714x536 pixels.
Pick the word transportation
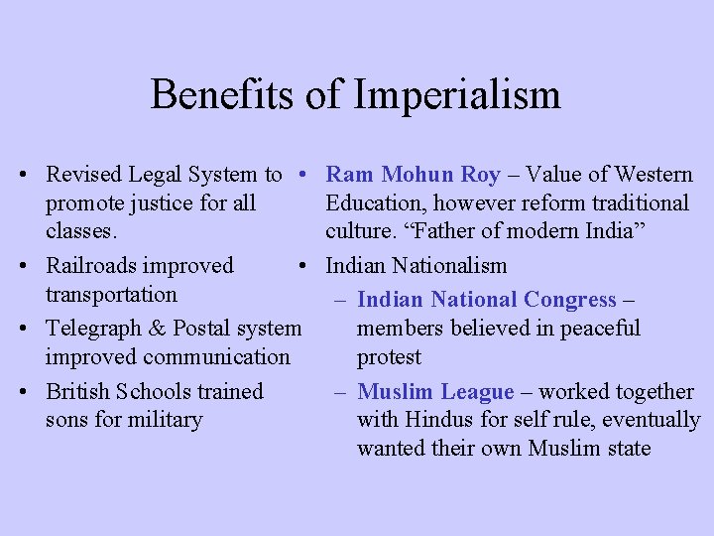(111, 295)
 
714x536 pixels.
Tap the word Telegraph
(96, 329)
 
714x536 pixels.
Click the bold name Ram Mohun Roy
(414, 175)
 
